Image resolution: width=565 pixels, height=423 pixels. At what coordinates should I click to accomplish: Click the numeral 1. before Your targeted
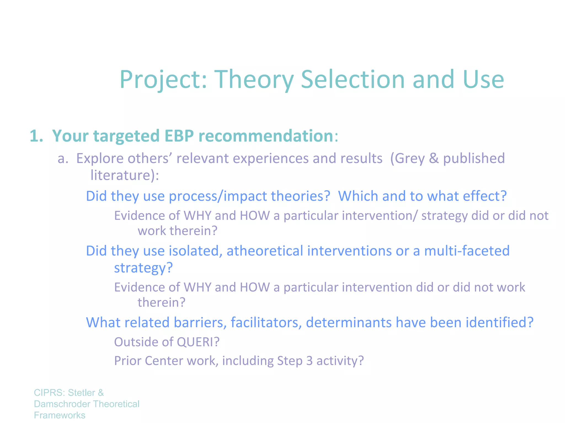click(x=36, y=136)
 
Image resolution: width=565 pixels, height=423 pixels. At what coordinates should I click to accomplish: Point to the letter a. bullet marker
click(x=63, y=159)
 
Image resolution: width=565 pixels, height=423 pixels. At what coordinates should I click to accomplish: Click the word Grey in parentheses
click(x=409, y=159)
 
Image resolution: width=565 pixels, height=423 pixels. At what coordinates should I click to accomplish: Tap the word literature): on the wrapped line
click(x=125, y=175)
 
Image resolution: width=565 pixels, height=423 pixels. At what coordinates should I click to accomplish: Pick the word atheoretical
click(x=265, y=251)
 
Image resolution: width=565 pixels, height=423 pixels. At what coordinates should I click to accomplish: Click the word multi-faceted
click(x=467, y=251)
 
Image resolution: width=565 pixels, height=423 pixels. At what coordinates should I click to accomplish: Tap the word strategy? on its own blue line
click(x=143, y=268)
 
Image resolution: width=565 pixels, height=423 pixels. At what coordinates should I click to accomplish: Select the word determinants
click(x=349, y=322)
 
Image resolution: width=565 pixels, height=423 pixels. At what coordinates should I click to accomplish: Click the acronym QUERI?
click(x=198, y=342)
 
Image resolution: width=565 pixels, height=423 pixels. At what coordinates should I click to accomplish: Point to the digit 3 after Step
click(x=309, y=361)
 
